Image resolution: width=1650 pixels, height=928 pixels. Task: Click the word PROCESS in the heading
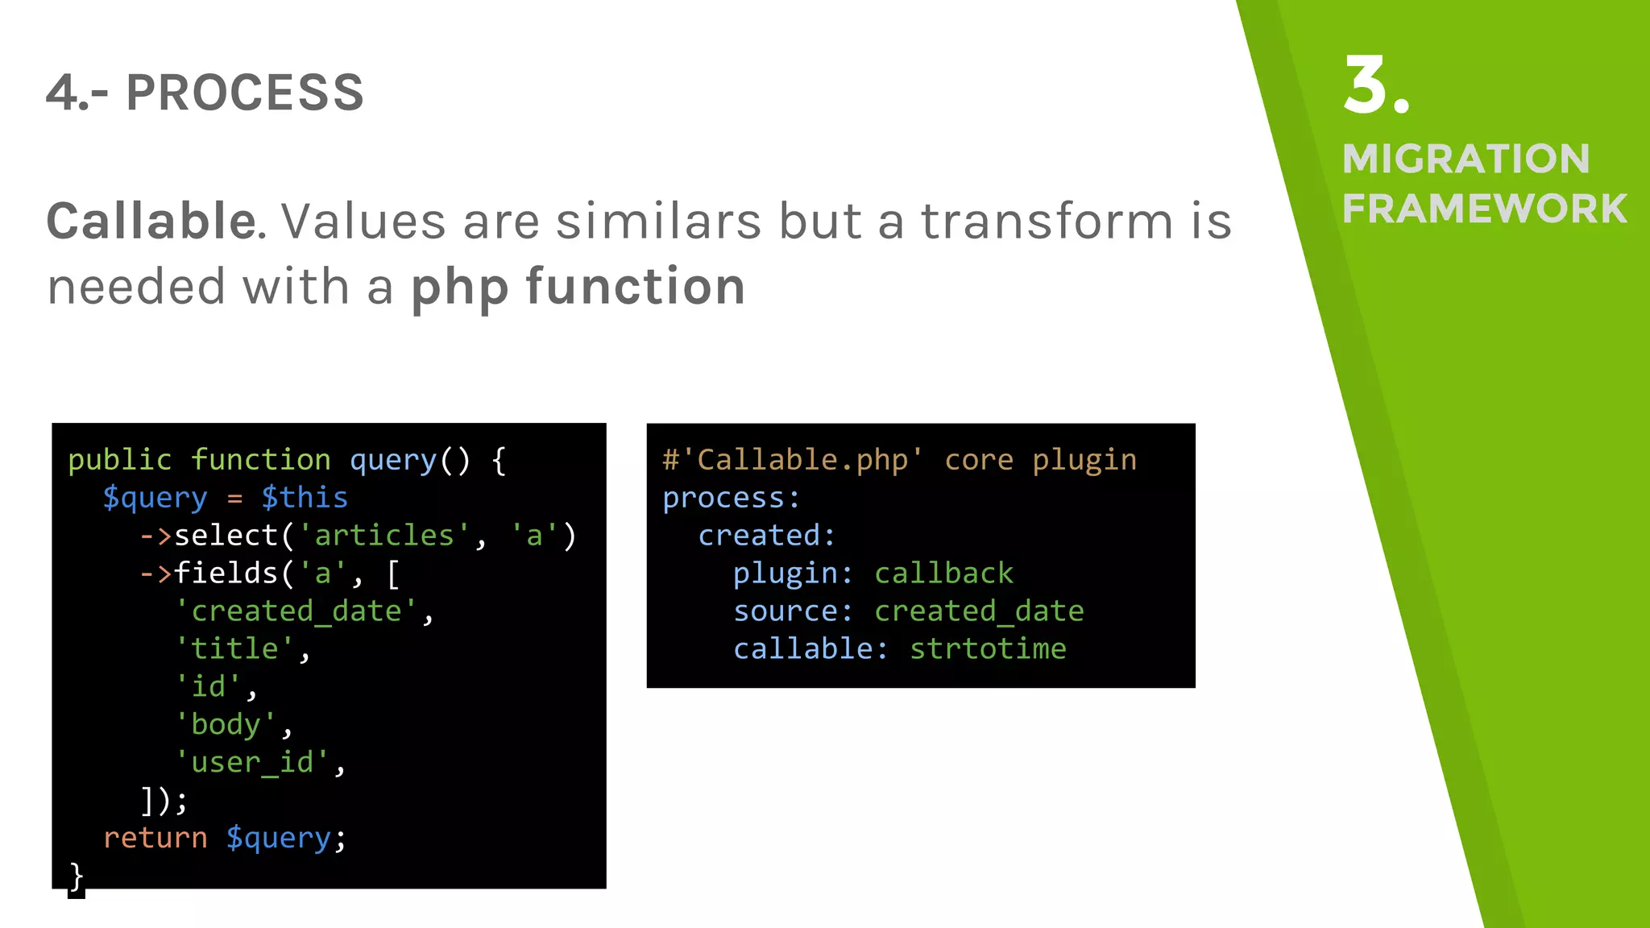point(245,93)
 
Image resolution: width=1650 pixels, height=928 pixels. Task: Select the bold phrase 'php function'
point(578,287)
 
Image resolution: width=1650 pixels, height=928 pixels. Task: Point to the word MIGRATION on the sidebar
point(1466,159)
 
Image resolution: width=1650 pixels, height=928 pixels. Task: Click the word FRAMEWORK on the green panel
point(1484,209)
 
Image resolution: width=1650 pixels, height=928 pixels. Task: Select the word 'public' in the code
point(119,460)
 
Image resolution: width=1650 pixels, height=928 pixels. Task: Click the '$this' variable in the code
point(305,498)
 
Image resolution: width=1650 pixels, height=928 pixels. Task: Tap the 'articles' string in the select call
point(383,536)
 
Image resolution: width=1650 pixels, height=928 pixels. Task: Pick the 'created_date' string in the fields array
point(296,611)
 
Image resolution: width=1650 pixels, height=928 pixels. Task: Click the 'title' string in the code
point(234,648)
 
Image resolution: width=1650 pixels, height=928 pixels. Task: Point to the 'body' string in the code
point(226,724)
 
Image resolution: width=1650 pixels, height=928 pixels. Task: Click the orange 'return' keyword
point(155,838)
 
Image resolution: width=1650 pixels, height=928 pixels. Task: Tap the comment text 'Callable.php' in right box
point(802,460)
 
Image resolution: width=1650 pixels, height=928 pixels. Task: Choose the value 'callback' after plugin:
point(943,574)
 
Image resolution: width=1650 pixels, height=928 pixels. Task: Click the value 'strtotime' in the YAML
point(988,648)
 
